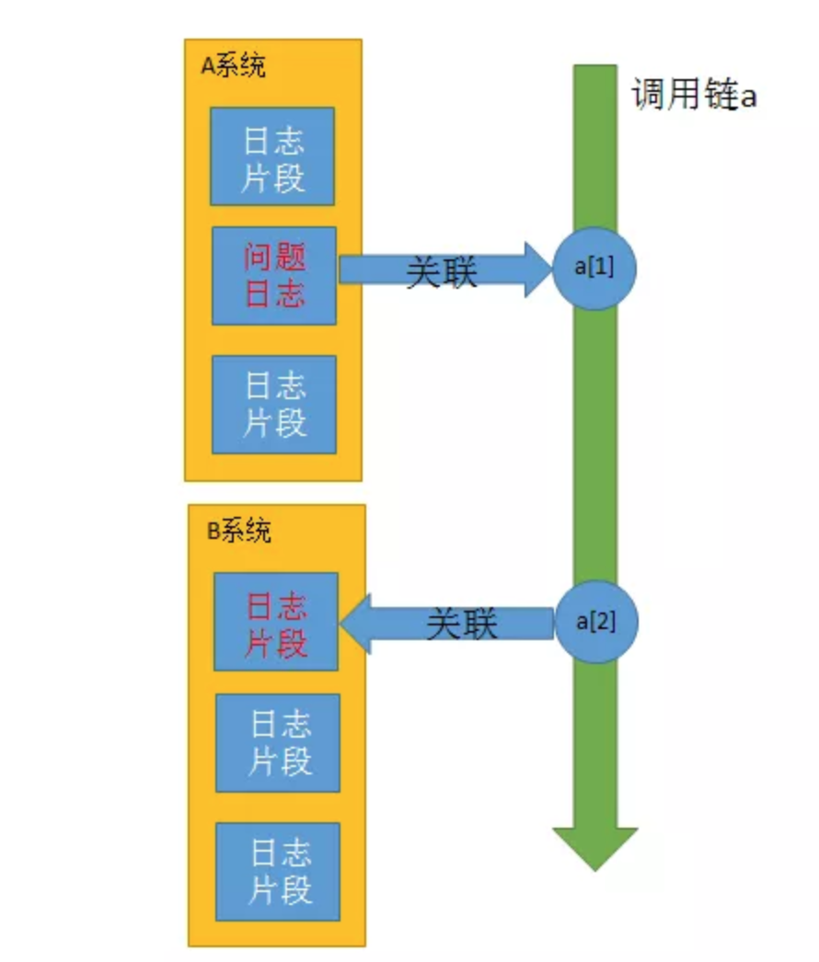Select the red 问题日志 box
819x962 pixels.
(274, 276)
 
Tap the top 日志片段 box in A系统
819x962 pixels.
(272, 156)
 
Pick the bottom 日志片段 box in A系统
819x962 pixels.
(274, 405)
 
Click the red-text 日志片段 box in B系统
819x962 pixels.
(276, 622)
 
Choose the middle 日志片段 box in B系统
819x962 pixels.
(278, 743)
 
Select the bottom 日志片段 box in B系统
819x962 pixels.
(278, 872)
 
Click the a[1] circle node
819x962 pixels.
(595, 269)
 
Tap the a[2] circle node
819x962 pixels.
(595, 622)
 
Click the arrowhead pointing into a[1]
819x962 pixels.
(537, 269)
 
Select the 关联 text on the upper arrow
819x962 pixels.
(442, 273)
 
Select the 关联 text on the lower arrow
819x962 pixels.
(462, 624)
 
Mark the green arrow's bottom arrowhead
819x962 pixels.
(595, 847)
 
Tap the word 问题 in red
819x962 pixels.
(275, 257)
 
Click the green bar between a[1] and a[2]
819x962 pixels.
(595, 441)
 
